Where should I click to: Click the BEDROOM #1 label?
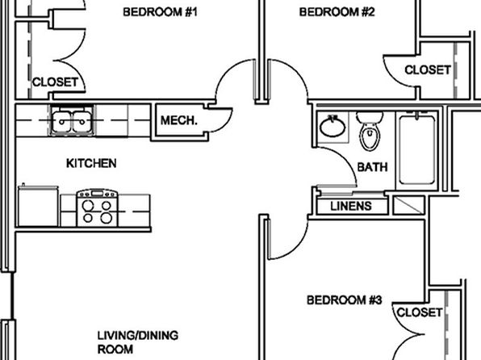click(160, 12)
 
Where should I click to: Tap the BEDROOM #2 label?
click(337, 12)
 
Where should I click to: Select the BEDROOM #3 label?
click(344, 299)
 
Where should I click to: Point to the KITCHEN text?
click(91, 163)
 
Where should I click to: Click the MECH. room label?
click(179, 120)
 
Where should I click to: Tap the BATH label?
click(372, 167)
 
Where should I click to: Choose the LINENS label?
click(351, 206)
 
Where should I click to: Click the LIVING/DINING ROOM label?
click(138, 342)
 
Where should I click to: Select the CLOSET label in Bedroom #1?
click(55, 82)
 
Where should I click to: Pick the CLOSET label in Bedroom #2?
click(428, 70)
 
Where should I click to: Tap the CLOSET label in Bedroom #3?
click(420, 312)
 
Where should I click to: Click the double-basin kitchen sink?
click(72, 120)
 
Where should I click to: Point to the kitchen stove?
click(98, 208)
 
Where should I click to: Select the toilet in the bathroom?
click(370, 131)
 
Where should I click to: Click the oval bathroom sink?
click(333, 126)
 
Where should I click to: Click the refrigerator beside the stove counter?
click(38, 206)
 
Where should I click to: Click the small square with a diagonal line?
click(408, 205)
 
